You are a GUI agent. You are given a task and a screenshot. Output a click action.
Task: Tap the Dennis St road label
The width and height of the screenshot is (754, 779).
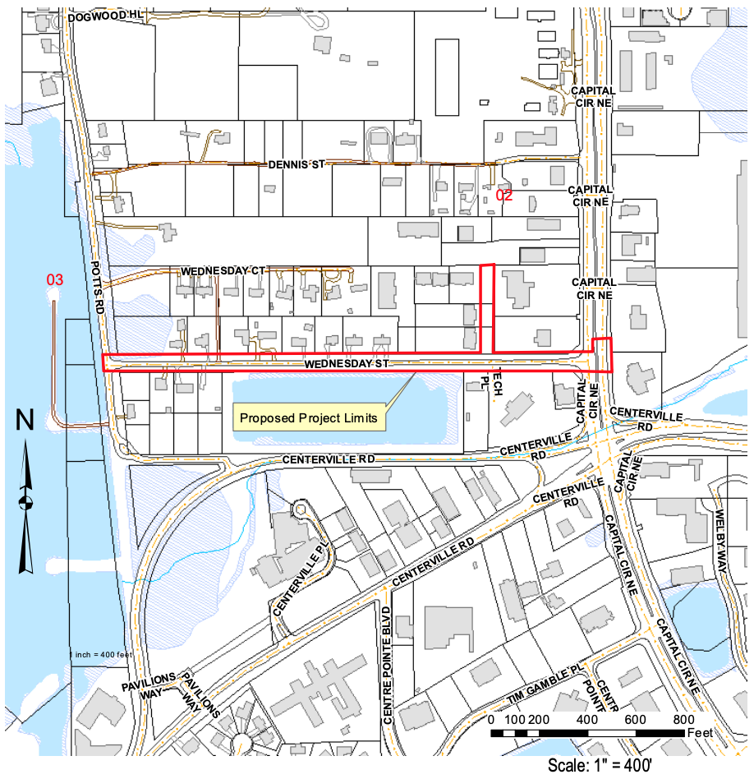[x=297, y=164]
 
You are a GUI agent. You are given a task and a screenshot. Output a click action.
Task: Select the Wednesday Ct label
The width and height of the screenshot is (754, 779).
[x=223, y=270]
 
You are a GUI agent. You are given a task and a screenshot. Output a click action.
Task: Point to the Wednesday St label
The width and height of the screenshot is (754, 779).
[x=344, y=363]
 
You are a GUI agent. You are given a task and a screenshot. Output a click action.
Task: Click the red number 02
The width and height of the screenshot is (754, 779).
[x=503, y=196]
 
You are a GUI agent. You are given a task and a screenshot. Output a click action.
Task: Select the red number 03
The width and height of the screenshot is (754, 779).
[x=54, y=281]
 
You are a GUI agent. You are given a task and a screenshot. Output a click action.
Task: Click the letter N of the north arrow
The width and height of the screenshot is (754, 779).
[x=25, y=422]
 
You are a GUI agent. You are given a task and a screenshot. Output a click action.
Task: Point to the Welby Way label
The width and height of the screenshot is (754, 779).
[x=721, y=545]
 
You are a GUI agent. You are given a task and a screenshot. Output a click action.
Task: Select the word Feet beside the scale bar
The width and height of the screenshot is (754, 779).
[x=700, y=731]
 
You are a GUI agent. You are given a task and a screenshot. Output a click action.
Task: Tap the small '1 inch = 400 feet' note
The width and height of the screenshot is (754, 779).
[x=102, y=654]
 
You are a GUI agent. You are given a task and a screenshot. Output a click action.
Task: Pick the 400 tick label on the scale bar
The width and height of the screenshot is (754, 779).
[x=588, y=719]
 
